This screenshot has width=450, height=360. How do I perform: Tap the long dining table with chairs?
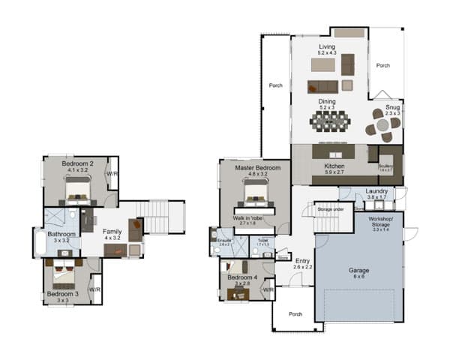pyautogui.click(x=329, y=120)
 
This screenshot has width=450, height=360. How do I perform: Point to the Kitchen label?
pyautogui.click(x=334, y=166)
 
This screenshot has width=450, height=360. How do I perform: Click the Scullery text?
pyautogui.click(x=386, y=167)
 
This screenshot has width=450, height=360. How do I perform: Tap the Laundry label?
pyautogui.click(x=376, y=191)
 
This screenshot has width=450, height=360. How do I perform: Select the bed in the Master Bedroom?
pyautogui.click(x=250, y=198)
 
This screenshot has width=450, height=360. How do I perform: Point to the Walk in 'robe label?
pyautogui.click(x=247, y=218)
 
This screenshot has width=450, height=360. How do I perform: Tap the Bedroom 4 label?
pyautogui.click(x=241, y=277)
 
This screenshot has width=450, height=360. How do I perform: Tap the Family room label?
pyautogui.click(x=112, y=232)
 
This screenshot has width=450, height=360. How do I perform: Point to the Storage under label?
pyautogui.click(x=330, y=209)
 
